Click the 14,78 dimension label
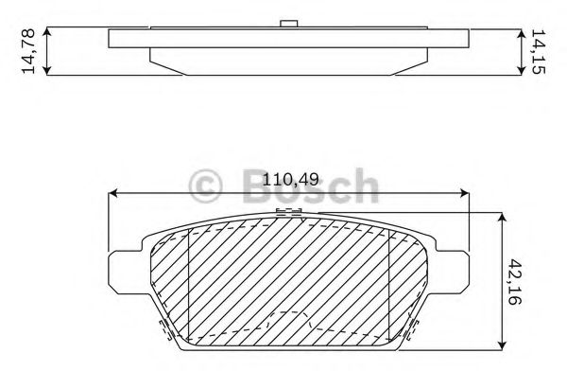coord(28,51)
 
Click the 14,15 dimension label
coord(538,51)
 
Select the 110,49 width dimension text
coord(290,179)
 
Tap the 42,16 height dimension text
coord(514,281)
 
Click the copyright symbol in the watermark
coord(205,185)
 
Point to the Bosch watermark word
coord(311,185)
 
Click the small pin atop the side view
coord(289,23)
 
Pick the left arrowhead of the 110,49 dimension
coord(112,193)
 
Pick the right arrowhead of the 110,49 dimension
coord(464,193)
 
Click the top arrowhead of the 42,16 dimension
coord(502,218)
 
